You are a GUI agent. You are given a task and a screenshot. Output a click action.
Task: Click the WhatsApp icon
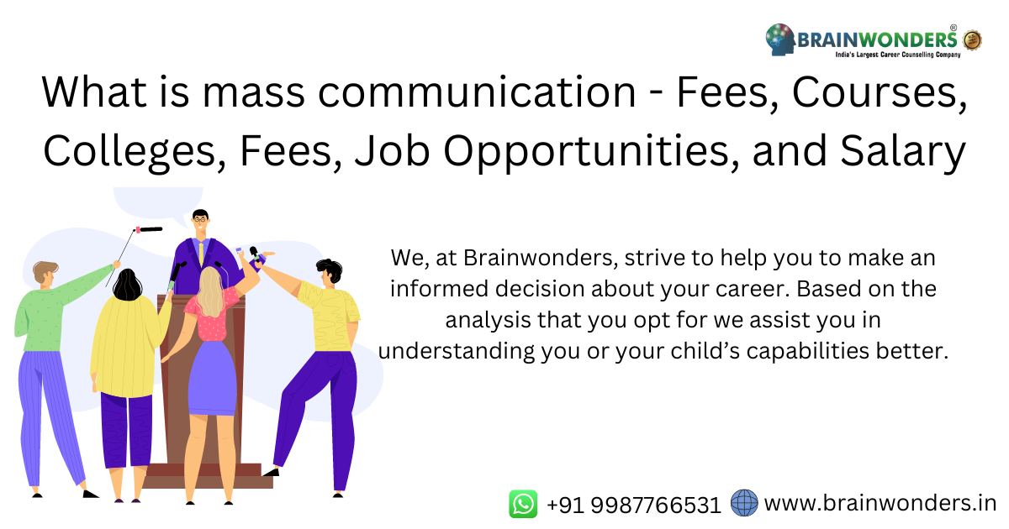coord(523,504)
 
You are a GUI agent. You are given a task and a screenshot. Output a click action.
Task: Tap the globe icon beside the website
coord(744,503)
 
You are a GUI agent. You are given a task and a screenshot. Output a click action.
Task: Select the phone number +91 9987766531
coord(634,505)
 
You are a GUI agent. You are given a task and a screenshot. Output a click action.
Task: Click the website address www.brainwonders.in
coord(880,503)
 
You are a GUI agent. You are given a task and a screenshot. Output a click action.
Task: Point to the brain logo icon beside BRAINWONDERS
coord(779,39)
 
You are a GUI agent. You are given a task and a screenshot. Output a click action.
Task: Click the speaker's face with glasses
coord(199,224)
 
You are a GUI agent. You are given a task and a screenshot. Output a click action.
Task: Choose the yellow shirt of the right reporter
coord(331,316)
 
